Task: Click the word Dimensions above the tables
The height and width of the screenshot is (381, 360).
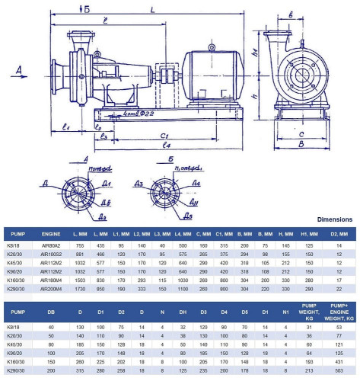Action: pos(334,219)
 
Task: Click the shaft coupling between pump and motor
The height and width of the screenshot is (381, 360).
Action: pos(161,78)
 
